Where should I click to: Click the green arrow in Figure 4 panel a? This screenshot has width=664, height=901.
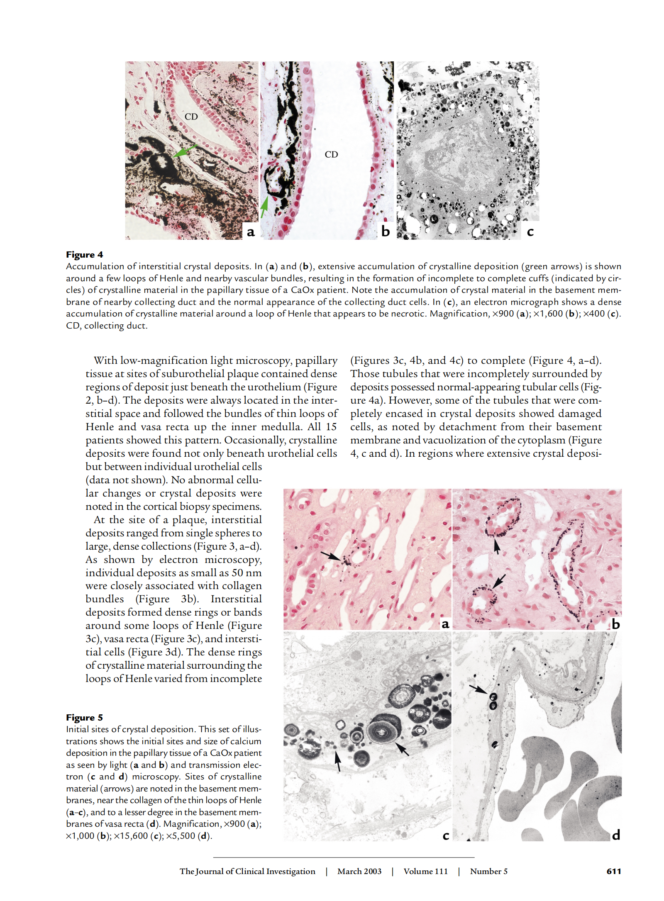184,151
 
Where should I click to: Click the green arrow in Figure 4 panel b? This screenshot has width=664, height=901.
264,207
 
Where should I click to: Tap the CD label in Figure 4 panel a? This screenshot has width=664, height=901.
191,117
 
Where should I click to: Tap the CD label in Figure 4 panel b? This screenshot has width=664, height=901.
331,154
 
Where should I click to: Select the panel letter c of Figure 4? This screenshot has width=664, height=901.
530,231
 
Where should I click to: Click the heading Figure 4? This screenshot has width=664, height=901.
84,254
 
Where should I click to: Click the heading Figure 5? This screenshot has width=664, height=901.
84,717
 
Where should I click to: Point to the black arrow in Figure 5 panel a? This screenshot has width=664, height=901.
331,555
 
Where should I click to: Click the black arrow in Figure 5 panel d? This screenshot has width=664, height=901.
478,689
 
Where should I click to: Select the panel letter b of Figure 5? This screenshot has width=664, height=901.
615,624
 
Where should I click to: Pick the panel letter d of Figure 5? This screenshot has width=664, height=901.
616,835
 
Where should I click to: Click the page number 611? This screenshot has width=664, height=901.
613,871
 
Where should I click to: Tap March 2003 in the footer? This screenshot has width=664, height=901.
359,871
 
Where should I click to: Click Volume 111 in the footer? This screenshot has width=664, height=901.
425,871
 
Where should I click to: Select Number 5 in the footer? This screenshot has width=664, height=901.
488,871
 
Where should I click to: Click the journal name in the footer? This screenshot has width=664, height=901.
247,871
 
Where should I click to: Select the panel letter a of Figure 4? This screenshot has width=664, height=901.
250,231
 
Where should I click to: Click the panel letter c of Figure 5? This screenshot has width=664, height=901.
446,835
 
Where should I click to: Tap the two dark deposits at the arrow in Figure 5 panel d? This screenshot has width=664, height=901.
493,701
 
